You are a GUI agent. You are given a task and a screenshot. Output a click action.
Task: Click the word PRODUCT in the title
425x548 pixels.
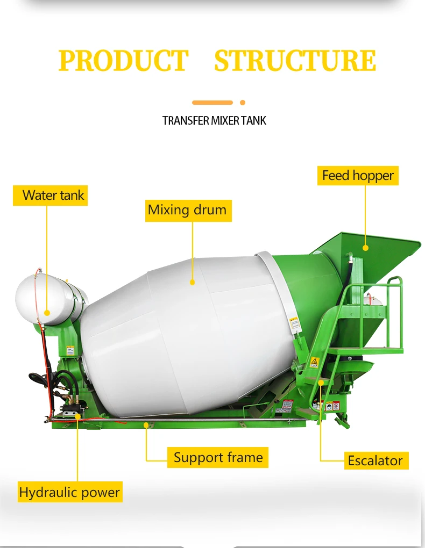(123, 61)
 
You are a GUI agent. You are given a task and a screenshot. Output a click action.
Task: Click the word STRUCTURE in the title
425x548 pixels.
(295, 61)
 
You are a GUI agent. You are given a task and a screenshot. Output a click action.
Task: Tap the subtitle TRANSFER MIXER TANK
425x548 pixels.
(214, 120)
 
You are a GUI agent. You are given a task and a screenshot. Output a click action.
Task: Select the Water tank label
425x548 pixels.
(50, 195)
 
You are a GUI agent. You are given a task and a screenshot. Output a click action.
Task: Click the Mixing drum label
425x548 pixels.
(187, 210)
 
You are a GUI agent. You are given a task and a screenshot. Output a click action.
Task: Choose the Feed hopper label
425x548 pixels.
(358, 176)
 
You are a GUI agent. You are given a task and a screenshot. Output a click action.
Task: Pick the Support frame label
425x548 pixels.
(218, 458)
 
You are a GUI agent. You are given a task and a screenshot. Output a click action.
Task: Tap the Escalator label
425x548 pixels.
(375, 460)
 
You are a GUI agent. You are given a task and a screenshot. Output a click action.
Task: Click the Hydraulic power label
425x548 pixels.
(69, 492)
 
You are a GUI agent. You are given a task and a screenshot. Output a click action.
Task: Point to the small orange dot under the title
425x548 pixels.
(243, 103)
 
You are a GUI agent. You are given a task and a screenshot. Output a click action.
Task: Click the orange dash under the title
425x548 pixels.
(212, 103)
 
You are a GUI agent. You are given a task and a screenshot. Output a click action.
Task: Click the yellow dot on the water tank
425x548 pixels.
(47, 312)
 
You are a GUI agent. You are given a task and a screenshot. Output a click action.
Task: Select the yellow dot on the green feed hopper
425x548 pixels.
(365, 248)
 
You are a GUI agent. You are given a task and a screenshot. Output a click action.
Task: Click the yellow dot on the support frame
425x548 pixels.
(146, 424)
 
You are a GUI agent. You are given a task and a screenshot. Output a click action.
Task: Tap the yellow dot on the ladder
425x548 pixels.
(321, 382)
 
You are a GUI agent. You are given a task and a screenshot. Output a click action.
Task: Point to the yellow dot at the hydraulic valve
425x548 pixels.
(77, 415)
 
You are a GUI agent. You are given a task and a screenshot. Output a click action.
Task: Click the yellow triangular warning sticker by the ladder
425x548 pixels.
(314, 360)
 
